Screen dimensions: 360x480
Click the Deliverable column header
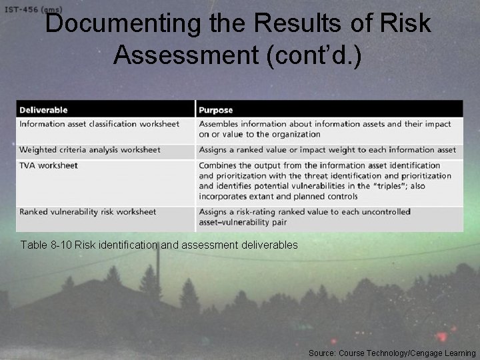point(43,110)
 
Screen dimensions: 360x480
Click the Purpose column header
point(216,110)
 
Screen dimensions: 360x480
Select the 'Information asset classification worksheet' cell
point(99,124)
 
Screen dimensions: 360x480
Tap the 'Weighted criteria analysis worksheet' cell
point(90,150)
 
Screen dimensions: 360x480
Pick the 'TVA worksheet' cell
point(49,165)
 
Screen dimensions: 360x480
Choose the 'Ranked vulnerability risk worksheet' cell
point(88,212)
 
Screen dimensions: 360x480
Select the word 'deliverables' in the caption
point(269,245)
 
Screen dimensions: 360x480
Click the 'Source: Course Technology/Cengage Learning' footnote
point(392,353)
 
